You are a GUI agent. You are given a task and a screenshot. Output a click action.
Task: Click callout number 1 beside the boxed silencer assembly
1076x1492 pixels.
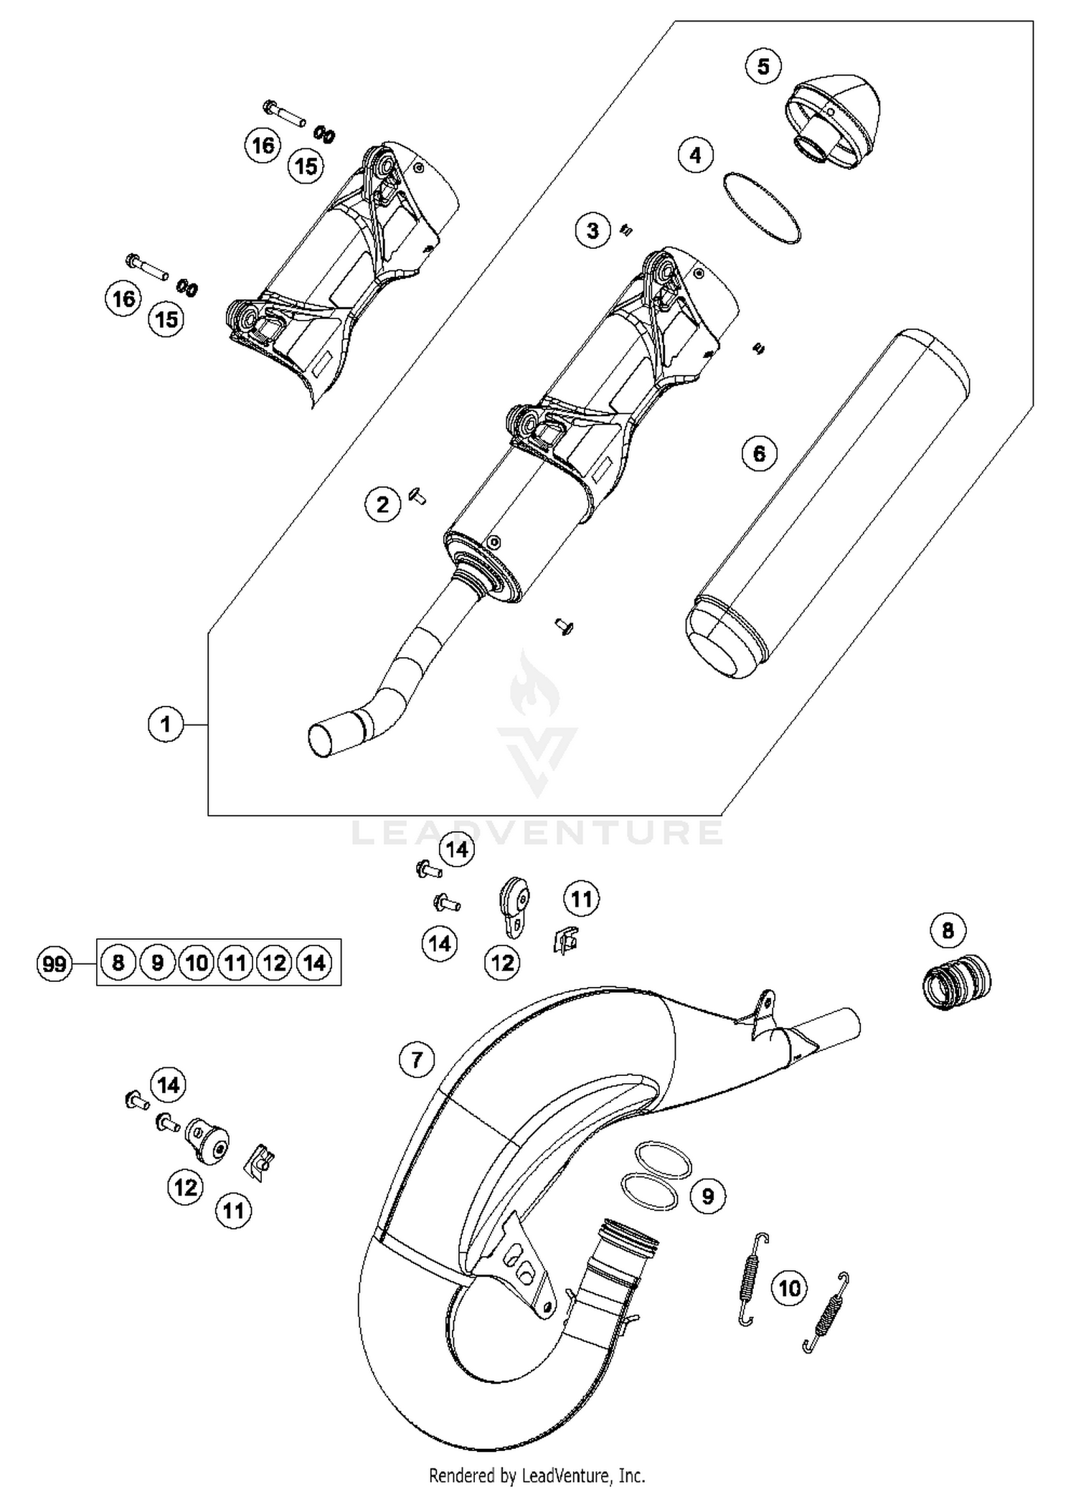click(166, 724)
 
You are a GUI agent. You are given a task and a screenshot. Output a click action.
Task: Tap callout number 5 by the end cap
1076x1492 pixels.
click(763, 67)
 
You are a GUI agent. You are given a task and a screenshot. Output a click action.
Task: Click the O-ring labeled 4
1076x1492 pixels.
click(762, 207)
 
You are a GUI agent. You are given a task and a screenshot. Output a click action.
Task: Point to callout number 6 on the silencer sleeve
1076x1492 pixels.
click(759, 453)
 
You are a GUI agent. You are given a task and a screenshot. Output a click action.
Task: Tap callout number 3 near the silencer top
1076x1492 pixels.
click(593, 231)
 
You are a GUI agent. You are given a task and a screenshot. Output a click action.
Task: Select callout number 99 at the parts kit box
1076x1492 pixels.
click(54, 963)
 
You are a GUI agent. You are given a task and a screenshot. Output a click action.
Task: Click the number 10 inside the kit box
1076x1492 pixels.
click(196, 963)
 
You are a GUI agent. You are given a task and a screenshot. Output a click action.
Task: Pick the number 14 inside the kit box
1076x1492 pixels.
click(314, 963)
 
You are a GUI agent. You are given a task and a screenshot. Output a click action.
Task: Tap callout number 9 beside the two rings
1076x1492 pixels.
click(707, 1196)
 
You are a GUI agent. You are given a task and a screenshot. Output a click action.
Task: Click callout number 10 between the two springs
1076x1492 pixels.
click(789, 1288)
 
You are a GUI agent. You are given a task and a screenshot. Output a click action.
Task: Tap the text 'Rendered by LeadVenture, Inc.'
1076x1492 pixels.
click(537, 1476)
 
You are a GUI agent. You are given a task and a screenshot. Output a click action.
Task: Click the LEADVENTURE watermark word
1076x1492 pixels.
click(537, 832)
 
